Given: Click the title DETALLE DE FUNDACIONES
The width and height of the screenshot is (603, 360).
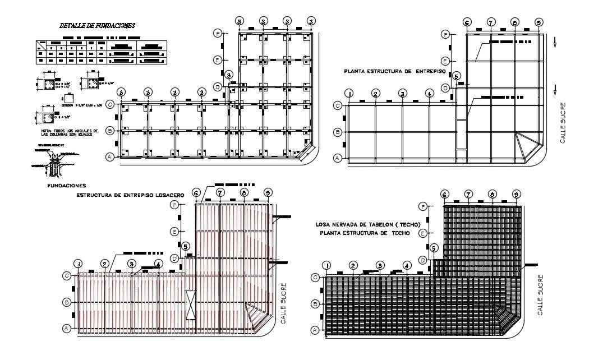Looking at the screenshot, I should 96,26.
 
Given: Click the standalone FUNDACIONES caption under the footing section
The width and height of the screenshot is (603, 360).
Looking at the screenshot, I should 66,184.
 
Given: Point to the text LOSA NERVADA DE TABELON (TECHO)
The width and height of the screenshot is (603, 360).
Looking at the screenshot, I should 368,224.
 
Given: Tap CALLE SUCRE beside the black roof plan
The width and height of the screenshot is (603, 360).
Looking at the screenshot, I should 541,294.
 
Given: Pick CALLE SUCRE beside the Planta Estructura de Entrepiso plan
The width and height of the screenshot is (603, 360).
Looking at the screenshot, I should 563,122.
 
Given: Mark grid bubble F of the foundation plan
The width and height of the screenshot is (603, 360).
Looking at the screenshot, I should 218,34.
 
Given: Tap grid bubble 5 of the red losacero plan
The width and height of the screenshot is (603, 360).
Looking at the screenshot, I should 186,246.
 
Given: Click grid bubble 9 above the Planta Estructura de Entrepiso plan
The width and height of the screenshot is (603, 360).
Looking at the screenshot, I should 538,22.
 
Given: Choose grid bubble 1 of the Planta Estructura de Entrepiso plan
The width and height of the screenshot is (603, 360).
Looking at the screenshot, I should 349,94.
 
